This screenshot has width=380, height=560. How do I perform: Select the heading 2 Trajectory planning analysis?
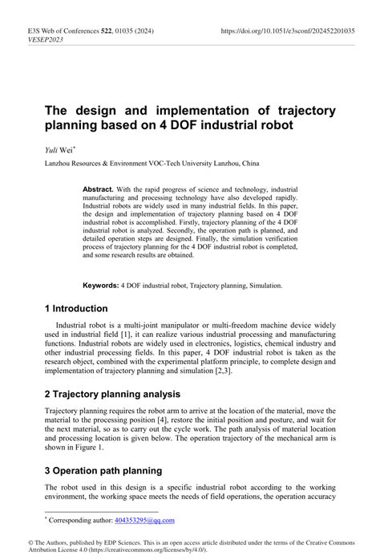pos(112,394)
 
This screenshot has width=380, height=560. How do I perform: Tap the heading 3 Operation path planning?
pos(103,470)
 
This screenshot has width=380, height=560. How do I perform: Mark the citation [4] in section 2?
pos(166,420)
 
